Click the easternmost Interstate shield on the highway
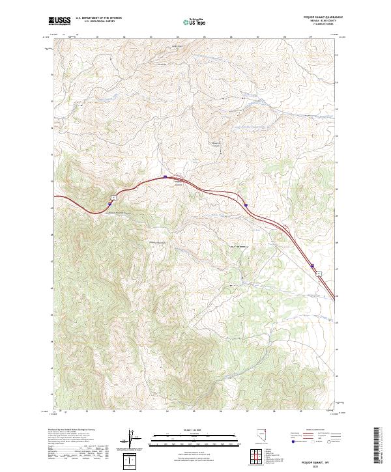pos(312,266)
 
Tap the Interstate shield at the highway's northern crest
pos(166,176)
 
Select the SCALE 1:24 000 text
pos(192,429)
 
